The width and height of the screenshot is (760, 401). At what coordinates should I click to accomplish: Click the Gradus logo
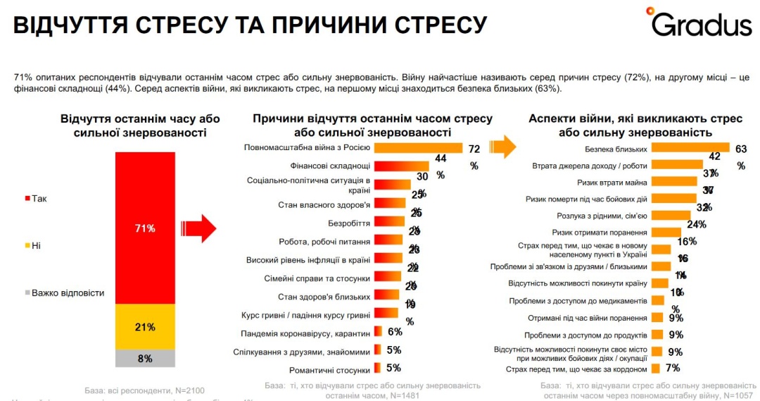(x=701, y=23)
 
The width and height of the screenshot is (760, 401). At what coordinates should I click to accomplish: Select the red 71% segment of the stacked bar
(x=145, y=227)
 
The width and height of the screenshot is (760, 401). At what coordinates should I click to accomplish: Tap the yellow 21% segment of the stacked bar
(x=145, y=326)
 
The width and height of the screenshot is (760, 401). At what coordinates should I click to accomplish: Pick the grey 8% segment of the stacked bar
(x=145, y=358)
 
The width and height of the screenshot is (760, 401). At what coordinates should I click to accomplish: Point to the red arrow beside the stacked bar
(x=198, y=228)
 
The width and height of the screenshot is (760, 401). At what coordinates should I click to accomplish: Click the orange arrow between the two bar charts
(x=502, y=147)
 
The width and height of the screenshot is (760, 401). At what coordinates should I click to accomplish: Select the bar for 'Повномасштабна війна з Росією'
(x=418, y=148)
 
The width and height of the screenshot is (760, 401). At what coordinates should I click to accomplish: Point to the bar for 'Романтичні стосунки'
(x=379, y=368)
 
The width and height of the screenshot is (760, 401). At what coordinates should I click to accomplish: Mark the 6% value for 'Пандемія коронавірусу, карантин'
(x=395, y=332)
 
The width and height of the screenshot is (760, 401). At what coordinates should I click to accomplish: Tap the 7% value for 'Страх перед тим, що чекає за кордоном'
(x=673, y=368)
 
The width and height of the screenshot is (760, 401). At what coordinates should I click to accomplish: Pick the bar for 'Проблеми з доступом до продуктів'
(x=657, y=334)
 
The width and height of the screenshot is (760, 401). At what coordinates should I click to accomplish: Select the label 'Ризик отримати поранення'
(x=600, y=232)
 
